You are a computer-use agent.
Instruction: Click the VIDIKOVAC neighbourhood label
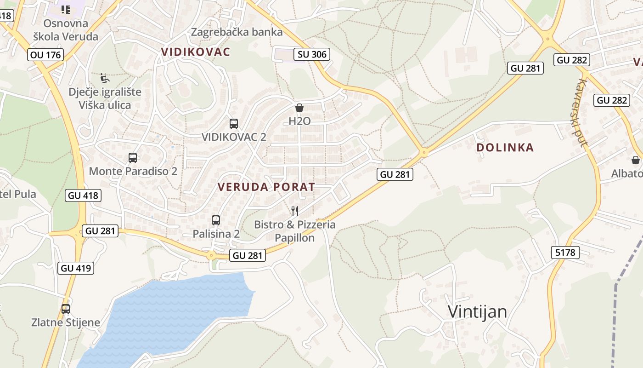196,52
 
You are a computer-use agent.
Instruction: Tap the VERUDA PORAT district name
266,187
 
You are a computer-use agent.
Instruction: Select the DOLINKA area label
505,148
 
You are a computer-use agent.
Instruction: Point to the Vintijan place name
478,312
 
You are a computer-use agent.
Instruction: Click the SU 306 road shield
312,54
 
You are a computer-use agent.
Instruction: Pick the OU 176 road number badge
45,55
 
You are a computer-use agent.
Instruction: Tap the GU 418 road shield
83,195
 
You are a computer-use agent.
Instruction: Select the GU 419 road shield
76,268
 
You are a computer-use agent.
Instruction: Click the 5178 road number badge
565,252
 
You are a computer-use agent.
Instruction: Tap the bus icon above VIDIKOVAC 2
234,123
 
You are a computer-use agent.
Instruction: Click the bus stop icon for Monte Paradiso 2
133,158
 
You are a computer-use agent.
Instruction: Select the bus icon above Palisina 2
216,220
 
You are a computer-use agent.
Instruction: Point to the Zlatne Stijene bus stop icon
66,309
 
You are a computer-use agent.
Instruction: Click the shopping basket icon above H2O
299,108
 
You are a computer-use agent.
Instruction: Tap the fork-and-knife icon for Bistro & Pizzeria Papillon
295,211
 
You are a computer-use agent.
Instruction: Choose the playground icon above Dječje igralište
105,78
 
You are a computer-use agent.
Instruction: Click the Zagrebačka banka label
237,32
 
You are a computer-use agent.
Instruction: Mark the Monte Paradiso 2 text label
133,172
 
